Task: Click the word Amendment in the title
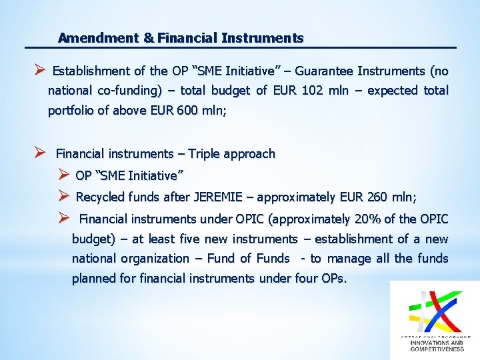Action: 99,39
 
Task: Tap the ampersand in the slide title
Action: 149,39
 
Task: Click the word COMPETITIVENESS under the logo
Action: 437,349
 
